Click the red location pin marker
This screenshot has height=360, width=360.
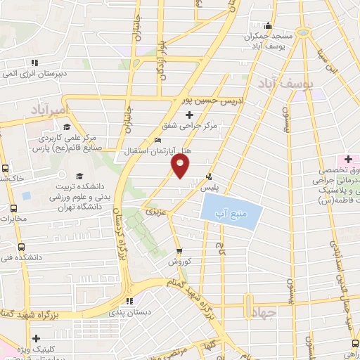pos(181,166)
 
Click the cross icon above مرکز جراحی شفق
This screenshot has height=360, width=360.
pos(189,114)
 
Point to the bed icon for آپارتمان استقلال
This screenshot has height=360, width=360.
pos(157,141)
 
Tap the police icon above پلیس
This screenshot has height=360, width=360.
pos(208,176)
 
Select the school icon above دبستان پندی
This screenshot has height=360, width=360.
pos(129,300)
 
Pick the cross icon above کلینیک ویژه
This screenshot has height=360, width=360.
pos(36,338)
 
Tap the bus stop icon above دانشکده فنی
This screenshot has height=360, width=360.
pos(21,247)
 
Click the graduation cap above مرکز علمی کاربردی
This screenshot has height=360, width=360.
pos(66,127)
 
